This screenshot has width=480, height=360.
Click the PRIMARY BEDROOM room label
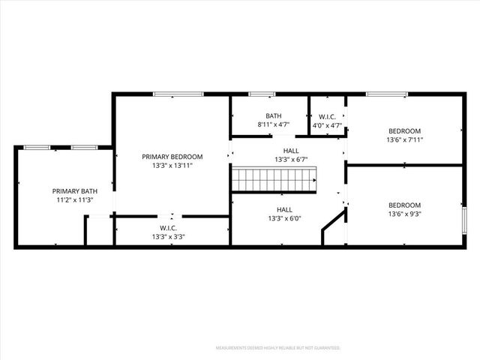pyautogui.click(x=172, y=157)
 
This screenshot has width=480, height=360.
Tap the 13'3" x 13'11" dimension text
pyautogui.click(x=172, y=166)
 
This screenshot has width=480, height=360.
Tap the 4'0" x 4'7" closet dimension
pyautogui.click(x=327, y=125)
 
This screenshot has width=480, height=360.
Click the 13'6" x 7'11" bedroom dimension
pyautogui.click(x=404, y=139)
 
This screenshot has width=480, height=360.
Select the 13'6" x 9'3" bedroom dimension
pyautogui.click(x=404, y=214)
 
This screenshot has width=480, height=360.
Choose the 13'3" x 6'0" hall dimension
pyautogui.click(x=284, y=219)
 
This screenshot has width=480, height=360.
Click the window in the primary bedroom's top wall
pyautogui.click(x=178, y=94)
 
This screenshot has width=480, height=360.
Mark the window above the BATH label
pyautogui.click(x=262, y=94)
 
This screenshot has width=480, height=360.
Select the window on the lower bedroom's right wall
pyautogui.click(x=464, y=221)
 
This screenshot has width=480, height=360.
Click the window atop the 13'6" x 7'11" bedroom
pyautogui.click(x=387, y=94)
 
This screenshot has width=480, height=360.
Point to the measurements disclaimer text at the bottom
pyautogui.click(x=278, y=348)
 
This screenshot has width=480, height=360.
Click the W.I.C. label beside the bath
pyautogui.click(x=327, y=116)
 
